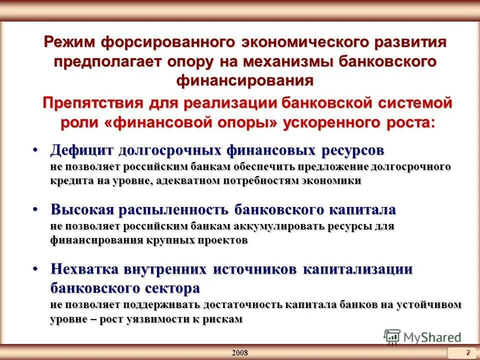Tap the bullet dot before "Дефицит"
[x=36, y=150]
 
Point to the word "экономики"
[x=330, y=180]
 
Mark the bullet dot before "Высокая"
[x=36, y=209]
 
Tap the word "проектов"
[x=223, y=240]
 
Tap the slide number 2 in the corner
[x=467, y=352]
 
